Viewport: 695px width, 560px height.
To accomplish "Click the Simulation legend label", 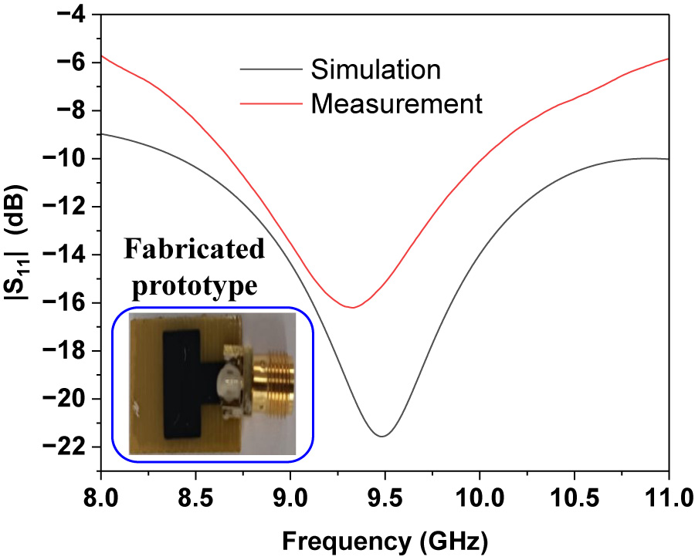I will click(x=375, y=69).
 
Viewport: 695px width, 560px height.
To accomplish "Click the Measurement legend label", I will click(x=397, y=103).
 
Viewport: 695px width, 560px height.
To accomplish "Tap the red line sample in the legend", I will click(x=270, y=103).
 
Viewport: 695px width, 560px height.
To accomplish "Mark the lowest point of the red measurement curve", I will click(x=352, y=308).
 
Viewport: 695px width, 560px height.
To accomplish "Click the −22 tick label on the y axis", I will click(x=69, y=447).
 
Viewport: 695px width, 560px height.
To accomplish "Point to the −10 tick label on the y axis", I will click(x=69, y=159).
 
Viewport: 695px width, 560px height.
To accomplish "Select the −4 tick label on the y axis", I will click(x=76, y=15).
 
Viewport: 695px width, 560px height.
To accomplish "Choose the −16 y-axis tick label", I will click(x=69, y=303).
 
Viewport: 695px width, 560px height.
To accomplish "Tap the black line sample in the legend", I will click(x=270, y=69).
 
